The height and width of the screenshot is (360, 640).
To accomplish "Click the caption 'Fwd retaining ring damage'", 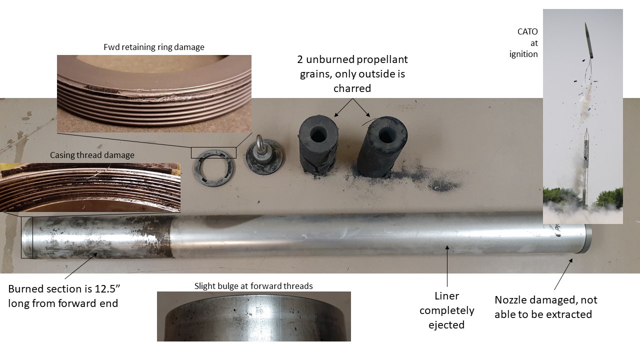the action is click(153, 47).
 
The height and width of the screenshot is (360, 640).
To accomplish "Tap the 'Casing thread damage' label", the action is click(92, 155).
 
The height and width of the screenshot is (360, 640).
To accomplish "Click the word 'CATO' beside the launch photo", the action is click(527, 31).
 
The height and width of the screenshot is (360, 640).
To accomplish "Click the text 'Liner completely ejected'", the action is click(447, 310).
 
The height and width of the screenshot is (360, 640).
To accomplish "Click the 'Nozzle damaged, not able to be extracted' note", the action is click(545, 307).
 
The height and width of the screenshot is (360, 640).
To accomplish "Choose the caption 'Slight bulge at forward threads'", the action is click(253, 286).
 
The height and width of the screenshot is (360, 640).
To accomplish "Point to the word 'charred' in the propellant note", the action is click(352, 88).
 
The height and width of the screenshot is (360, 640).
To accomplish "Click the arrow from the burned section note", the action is click(81, 265).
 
